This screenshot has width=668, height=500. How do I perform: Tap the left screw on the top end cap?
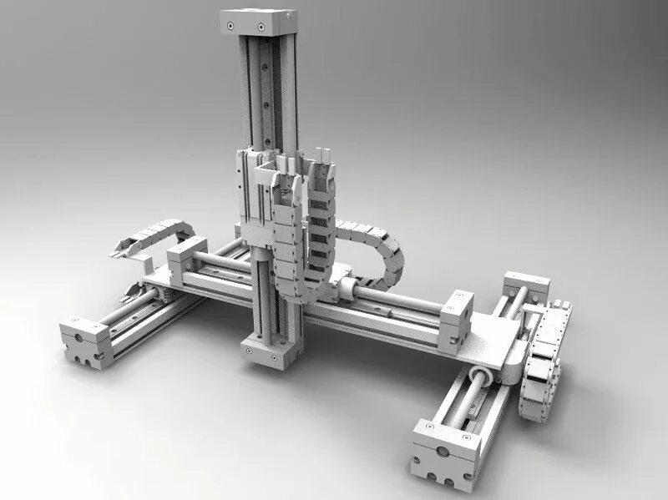tap(226, 28)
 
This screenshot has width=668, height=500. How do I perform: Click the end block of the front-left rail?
tap(83, 342)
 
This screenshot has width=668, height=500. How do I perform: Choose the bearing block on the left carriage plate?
tap(189, 255)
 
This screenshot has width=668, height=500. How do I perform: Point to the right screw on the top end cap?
tap(261, 28)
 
